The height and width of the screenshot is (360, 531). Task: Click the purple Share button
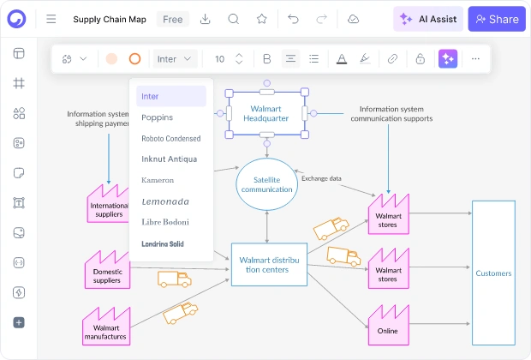[497, 19]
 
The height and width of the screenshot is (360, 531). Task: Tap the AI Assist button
[428, 19]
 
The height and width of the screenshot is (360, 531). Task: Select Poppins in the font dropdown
[157, 117]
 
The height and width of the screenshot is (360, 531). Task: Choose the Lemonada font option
[165, 201]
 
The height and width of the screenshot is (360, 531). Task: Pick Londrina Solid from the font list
[163, 243]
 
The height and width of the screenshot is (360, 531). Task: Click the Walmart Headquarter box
[267, 113]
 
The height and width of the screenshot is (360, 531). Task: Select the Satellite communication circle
[267, 184]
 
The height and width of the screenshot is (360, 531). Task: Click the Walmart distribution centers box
[269, 264]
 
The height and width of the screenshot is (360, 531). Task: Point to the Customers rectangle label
[493, 273]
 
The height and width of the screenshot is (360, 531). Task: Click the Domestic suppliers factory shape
[107, 270]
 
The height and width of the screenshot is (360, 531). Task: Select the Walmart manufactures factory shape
[106, 327]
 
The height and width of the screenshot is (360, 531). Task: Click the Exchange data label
[321, 178]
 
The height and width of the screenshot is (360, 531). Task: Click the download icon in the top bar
[205, 19]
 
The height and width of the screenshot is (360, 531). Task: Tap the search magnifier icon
[233, 19]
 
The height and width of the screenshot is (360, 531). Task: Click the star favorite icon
[262, 19]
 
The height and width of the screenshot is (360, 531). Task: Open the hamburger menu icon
[51, 19]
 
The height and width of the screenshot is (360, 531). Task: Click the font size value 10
[220, 59]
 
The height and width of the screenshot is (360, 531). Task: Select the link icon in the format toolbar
[392, 59]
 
